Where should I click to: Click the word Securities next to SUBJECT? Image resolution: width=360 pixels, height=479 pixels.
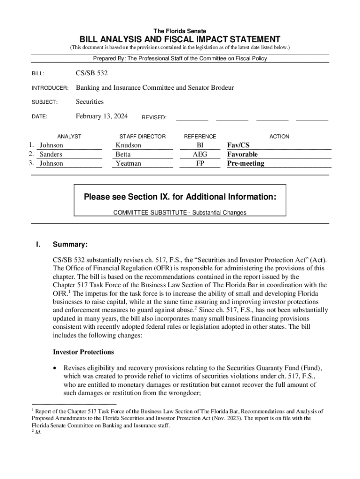(90, 102)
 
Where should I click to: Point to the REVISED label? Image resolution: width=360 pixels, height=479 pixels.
(154, 118)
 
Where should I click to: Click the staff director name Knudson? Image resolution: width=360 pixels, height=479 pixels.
(128, 145)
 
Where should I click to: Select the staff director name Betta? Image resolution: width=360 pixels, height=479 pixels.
(123, 154)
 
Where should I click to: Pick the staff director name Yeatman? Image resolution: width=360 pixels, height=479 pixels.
(128, 163)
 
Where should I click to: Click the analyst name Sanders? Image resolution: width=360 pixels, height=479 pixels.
(50, 154)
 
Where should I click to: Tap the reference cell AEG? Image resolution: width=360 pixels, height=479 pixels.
(200, 154)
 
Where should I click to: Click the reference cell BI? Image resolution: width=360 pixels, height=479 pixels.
(200, 145)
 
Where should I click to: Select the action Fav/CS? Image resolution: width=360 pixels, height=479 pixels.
(238, 145)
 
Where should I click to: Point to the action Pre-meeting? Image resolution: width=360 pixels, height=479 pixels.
(245, 163)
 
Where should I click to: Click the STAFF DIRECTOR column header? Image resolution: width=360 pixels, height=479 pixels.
(142, 137)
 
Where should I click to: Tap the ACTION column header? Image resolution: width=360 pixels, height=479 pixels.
(279, 137)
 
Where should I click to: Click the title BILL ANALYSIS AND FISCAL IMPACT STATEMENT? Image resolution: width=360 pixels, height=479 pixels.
(180, 39)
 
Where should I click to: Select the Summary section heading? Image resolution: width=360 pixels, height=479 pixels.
(70, 245)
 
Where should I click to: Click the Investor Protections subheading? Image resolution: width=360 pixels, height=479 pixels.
(83, 352)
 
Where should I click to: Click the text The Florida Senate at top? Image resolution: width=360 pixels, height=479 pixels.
(180, 31)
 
